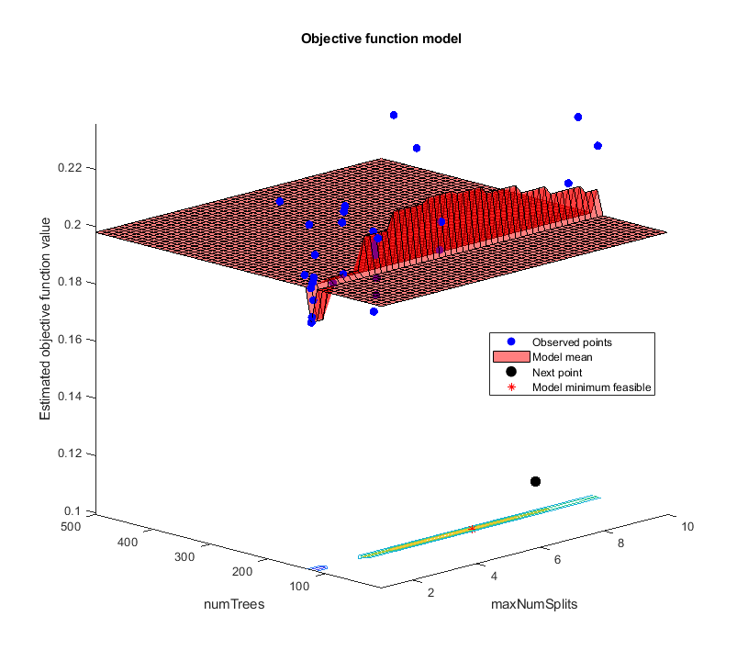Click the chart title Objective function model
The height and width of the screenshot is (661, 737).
tap(368, 39)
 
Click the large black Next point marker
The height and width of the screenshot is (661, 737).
tap(535, 482)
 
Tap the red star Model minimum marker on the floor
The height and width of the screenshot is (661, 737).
tap(472, 529)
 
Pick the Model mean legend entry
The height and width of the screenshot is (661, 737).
tap(562, 357)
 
